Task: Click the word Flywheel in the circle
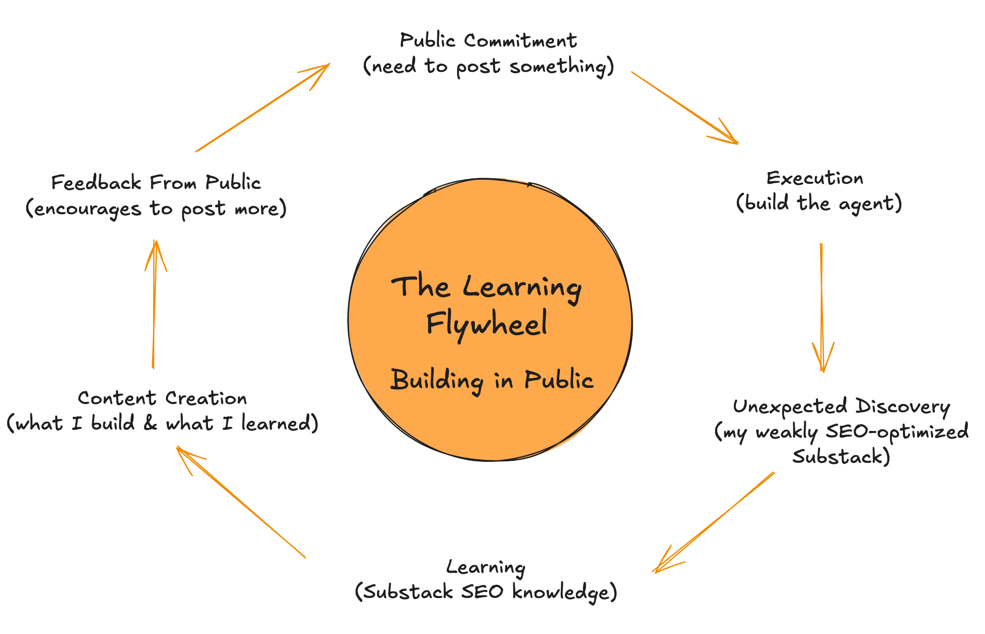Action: (486, 325)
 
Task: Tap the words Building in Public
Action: (491, 380)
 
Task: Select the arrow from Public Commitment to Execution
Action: (684, 107)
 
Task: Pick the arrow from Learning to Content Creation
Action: (241, 502)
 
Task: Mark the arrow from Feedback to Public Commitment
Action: (263, 107)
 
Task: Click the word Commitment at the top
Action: (520, 41)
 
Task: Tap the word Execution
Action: (815, 178)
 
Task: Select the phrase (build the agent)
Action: (819, 204)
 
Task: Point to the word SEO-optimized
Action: (896, 431)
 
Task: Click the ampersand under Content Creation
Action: (150, 423)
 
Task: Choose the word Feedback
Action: (97, 183)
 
